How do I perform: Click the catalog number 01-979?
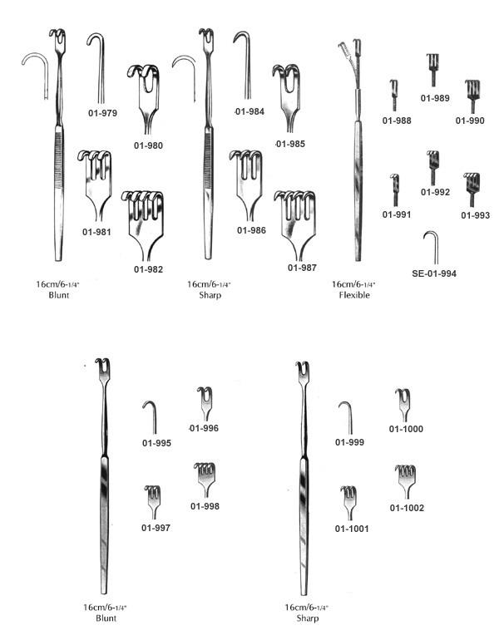click(x=102, y=113)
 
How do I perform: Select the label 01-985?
click(x=290, y=144)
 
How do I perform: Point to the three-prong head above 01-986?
click(x=246, y=185)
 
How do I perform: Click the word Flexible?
click(x=354, y=295)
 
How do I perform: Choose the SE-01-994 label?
click(x=434, y=273)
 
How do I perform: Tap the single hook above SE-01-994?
click(x=432, y=247)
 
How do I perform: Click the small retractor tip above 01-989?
click(x=432, y=69)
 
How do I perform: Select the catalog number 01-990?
click(x=470, y=121)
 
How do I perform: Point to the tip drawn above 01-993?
click(x=472, y=190)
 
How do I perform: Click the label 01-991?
click(x=397, y=214)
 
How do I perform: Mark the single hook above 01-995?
click(x=151, y=416)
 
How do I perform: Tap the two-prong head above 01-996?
click(x=205, y=403)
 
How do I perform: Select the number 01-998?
click(x=205, y=506)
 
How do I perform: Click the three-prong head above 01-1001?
click(x=348, y=503)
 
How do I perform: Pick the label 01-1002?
click(x=407, y=508)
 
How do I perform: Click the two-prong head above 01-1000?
click(x=403, y=405)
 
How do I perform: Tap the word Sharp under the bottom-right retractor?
click(x=308, y=618)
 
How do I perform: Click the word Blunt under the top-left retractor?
click(x=59, y=295)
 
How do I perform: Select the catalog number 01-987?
click(x=302, y=268)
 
